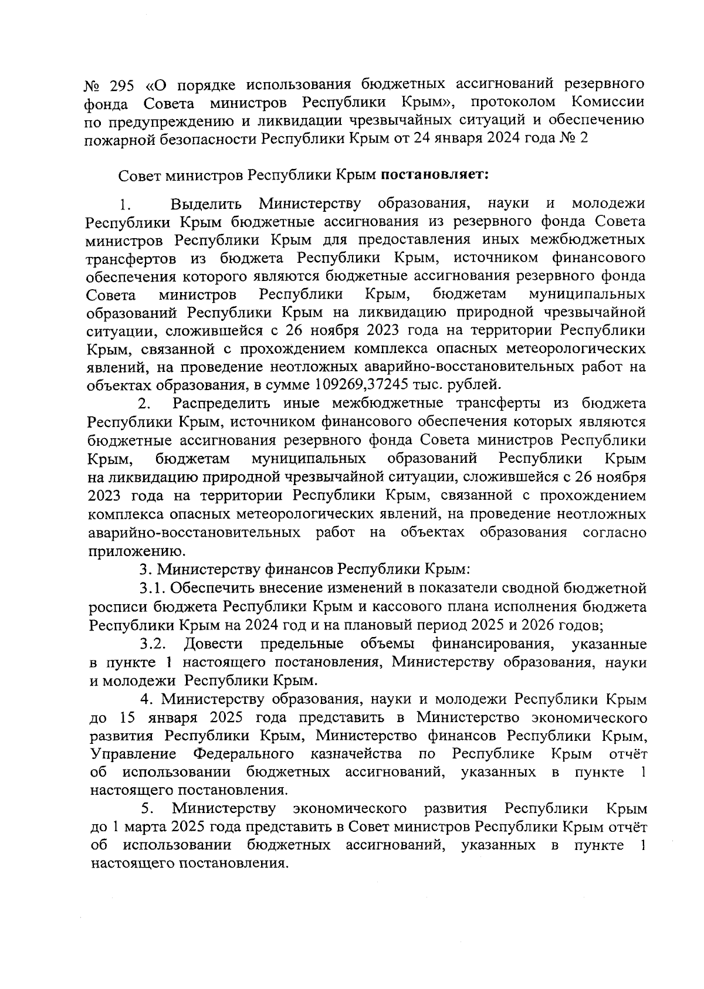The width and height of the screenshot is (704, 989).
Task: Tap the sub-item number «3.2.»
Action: pyautogui.click(x=154, y=644)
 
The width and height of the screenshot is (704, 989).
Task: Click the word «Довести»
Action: pyautogui.click(x=213, y=643)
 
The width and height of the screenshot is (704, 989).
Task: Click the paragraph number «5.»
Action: pyautogui.click(x=148, y=808)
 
